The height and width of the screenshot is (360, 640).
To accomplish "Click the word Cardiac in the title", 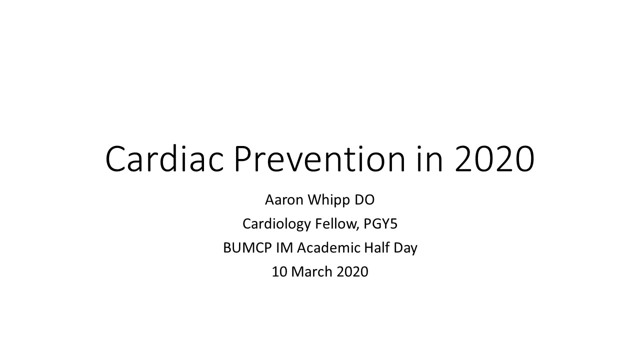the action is [x=164, y=158].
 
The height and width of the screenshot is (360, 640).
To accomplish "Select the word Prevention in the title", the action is [x=319, y=158].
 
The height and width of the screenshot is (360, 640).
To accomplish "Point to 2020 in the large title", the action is [x=494, y=159].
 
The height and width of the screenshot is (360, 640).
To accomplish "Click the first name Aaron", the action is [x=284, y=199].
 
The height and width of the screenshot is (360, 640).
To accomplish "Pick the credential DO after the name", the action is [x=364, y=199].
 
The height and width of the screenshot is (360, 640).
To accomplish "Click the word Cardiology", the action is [x=276, y=224].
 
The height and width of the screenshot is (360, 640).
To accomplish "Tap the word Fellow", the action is [x=336, y=223].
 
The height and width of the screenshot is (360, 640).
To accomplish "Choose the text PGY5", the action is [x=380, y=223].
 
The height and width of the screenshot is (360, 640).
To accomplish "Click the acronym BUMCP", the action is [x=247, y=247].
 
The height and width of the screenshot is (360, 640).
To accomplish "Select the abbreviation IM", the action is [x=284, y=247].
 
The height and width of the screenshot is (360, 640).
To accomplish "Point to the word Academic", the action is [x=329, y=247].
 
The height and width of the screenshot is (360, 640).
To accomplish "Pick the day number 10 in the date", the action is [x=279, y=271].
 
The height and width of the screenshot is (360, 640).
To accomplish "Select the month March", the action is [x=311, y=271].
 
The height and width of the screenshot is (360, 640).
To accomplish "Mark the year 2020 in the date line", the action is [x=352, y=271].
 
